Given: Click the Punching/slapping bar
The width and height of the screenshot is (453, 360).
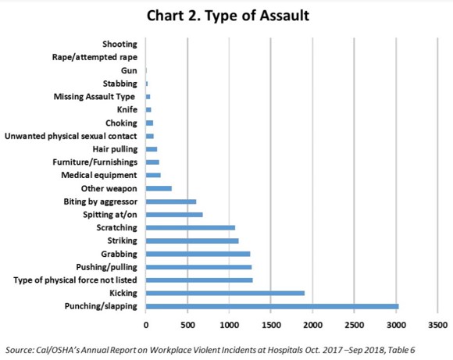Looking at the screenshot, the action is coord(272,306).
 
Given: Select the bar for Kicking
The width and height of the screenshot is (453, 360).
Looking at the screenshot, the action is coord(225,294).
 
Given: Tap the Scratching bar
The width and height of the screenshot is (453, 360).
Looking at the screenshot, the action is coord(191,228).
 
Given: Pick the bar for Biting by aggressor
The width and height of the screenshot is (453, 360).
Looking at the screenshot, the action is coord(171,201).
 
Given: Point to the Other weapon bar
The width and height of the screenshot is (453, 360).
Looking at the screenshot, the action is coord(159,188).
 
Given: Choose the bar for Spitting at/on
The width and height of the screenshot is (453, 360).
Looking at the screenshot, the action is coord(174,215).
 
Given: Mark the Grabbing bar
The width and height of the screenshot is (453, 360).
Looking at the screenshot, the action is coord(198,254).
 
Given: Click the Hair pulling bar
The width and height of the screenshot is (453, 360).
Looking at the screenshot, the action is coord(152,149).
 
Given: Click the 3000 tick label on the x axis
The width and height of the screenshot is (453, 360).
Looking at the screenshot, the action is coord(396,325).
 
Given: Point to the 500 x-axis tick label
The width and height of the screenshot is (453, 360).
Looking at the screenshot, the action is coord(187,325).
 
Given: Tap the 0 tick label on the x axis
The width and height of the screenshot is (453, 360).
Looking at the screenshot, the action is coord(146,325).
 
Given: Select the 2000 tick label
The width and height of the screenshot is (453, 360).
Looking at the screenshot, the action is coord(312,325).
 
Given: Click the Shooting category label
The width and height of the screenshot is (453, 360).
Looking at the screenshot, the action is coord(119,45).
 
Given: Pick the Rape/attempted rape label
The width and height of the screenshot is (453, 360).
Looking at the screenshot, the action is coord(95,57).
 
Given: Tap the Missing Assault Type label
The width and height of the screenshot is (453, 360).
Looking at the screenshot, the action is coord(95,97).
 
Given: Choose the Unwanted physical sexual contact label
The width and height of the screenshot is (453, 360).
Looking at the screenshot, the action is coord(71,136).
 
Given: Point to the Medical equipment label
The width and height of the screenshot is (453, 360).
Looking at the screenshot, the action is coord(99,175).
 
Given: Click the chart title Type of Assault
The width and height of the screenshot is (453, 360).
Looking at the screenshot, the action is coord(228,16).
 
